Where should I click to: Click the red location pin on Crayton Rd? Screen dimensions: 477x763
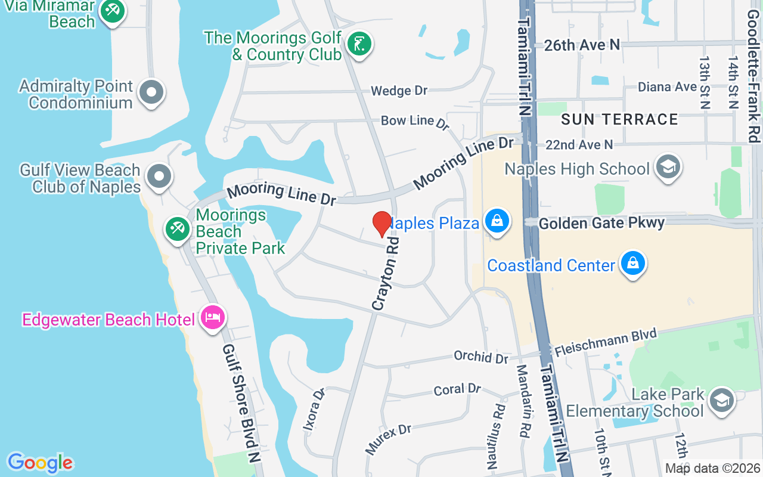[x=382, y=224]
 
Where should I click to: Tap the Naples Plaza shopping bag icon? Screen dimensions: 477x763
[x=496, y=221]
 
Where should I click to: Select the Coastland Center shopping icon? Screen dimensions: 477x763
[x=632, y=263]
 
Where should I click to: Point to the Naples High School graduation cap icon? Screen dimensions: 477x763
[x=668, y=167]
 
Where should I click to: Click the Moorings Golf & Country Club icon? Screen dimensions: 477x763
[x=359, y=44]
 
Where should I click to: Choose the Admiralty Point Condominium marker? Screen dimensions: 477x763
[x=151, y=92]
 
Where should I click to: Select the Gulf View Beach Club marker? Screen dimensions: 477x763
[x=159, y=176]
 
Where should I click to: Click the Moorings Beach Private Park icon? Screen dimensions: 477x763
[x=177, y=228]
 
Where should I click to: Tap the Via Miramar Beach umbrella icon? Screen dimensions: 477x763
[x=111, y=11]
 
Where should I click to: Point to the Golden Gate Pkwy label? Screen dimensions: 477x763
[x=601, y=223]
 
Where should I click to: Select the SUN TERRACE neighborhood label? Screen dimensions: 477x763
[x=619, y=119]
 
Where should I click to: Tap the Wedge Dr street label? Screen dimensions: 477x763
[x=399, y=91]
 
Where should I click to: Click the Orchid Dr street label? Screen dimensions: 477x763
[x=480, y=357]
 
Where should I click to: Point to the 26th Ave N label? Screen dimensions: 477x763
[x=581, y=45]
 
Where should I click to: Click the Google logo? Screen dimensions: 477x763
[x=40, y=462]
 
